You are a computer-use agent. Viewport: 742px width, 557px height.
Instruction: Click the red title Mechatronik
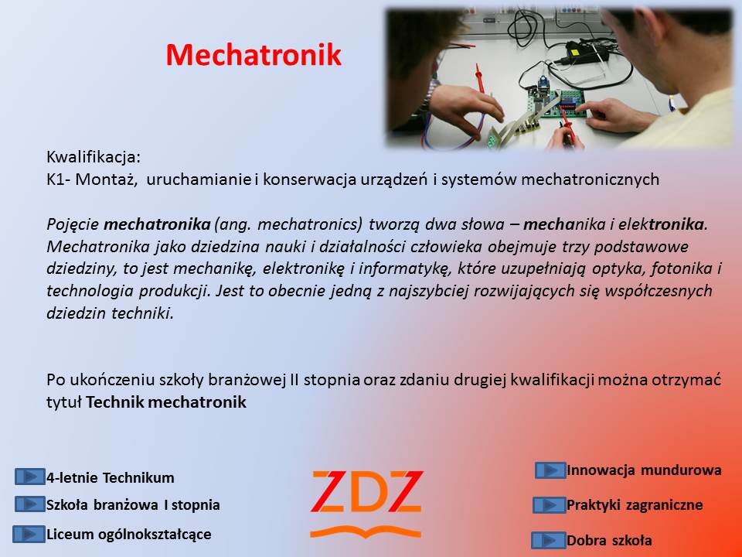(254, 55)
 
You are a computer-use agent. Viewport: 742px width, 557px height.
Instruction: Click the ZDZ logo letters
(366, 492)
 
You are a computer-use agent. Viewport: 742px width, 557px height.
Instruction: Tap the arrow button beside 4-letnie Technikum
(30, 477)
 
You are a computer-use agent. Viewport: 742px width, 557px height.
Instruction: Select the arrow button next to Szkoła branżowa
(30, 504)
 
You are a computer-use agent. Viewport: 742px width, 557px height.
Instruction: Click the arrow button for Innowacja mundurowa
(550, 470)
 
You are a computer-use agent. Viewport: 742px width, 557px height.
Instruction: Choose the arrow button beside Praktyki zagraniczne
(549, 505)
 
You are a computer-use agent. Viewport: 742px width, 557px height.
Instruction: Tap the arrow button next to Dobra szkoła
(549, 540)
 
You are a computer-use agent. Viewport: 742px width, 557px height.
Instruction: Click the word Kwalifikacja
(94, 157)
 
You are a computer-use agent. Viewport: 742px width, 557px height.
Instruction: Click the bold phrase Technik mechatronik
(166, 402)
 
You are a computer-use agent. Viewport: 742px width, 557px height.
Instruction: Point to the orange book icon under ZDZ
(366, 531)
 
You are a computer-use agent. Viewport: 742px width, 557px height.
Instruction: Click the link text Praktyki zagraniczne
(635, 505)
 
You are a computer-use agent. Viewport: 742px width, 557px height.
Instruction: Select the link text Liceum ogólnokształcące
(129, 535)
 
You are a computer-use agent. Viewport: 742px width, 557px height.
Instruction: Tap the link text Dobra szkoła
(610, 540)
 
